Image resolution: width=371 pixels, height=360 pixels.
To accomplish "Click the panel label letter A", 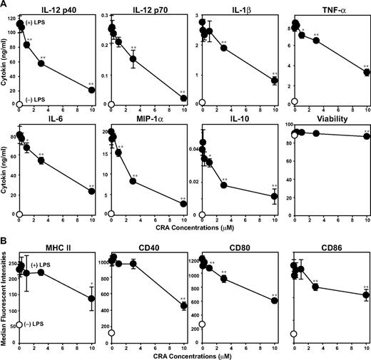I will pos(5,5).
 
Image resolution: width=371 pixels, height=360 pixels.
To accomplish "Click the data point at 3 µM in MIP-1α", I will pos(133,181).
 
